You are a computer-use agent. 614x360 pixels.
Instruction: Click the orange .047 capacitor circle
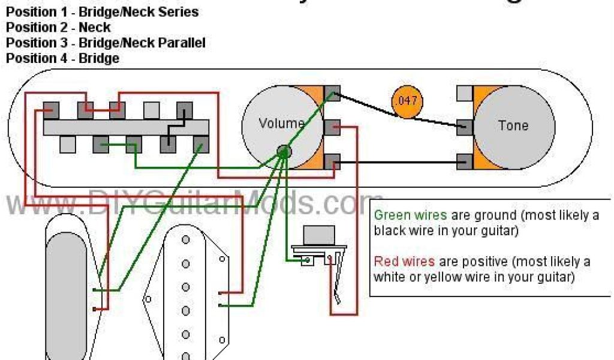(x=407, y=101)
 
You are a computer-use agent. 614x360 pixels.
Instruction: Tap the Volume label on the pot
(x=281, y=124)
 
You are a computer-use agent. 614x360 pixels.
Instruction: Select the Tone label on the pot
(x=513, y=125)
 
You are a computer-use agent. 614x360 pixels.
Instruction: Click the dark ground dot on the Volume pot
(x=284, y=151)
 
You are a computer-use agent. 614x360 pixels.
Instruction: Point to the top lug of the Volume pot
(x=332, y=93)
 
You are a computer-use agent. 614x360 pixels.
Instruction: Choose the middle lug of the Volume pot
(x=332, y=127)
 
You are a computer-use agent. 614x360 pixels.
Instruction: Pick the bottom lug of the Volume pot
(x=332, y=161)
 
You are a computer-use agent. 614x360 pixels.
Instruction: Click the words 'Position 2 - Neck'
(x=58, y=27)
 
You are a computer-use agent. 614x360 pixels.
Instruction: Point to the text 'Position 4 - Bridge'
(x=62, y=58)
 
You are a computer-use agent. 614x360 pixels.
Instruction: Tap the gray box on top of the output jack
(x=320, y=235)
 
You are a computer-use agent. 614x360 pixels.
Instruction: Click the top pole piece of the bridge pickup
(x=186, y=240)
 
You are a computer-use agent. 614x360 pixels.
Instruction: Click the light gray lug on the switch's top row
(x=152, y=109)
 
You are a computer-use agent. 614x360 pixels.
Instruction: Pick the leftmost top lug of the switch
(x=52, y=110)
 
